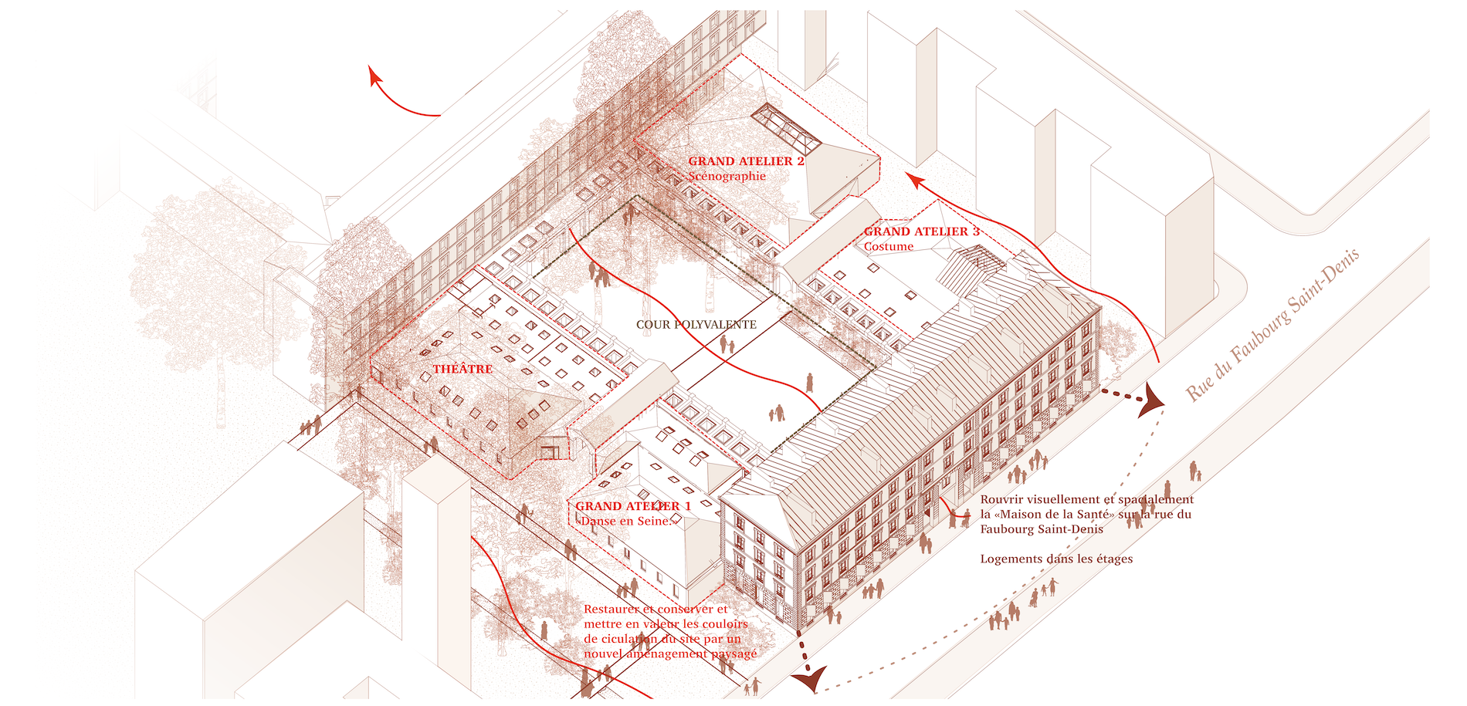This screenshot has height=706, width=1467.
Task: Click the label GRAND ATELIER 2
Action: click(x=746, y=161)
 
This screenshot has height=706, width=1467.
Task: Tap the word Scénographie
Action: click(x=727, y=176)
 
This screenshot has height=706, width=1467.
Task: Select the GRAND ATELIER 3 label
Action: click(x=921, y=231)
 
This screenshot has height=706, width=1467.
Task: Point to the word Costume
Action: click(x=888, y=247)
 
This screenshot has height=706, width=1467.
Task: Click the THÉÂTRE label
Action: click(x=462, y=370)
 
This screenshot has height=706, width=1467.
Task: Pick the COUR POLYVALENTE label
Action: click(x=696, y=325)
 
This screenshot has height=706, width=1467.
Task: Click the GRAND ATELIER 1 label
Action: click(x=633, y=506)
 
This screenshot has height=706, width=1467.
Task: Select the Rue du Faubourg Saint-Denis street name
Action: click(x=1272, y=325)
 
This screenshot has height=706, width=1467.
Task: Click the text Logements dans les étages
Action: click(x=1056, y=559)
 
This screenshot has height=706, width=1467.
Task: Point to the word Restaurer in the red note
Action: click(x=610, y=610)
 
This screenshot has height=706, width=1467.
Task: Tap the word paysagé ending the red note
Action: click(x=733, y=654)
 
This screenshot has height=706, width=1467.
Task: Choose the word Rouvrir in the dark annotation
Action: click(x=1001, y=499)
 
